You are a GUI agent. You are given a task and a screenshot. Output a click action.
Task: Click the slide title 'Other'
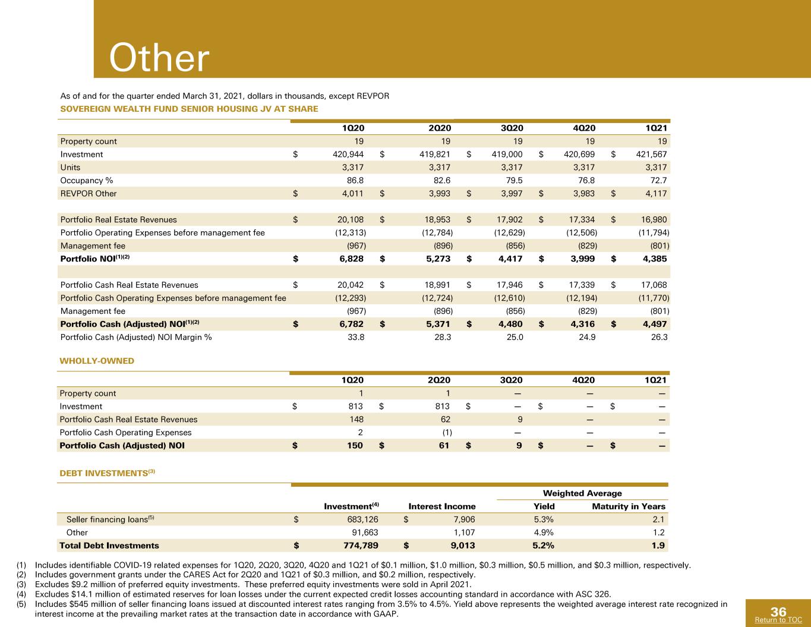click(159, 58)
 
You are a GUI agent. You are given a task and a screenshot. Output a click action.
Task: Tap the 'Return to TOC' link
click(778, 619)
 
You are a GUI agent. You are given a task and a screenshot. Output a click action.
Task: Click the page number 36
click(778, 612)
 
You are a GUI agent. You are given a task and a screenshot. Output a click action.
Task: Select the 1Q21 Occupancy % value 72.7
click(658, 180)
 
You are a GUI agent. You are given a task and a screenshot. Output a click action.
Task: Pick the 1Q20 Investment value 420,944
click(348, 154)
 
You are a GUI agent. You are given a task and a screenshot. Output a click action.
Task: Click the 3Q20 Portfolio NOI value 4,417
click(510, 259)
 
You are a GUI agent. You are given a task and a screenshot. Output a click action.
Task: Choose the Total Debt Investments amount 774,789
click(361, 545)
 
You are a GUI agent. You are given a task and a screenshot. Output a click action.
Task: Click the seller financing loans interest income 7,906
click(464, 519)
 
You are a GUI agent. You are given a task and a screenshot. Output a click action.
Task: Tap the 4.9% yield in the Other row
click(544, 532)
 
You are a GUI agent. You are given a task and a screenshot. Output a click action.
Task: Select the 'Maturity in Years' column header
click(629, 506)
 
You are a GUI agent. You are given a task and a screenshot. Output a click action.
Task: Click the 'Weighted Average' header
click(582, 493)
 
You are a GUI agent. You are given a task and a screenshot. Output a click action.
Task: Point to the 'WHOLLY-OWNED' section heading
click(97, 361)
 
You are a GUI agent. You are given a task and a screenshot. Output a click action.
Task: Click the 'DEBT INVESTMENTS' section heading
click(104, 473)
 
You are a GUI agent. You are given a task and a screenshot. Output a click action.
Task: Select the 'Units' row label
click(70, 167)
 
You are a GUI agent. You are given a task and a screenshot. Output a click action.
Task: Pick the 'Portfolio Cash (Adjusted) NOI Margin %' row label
click(136, 337)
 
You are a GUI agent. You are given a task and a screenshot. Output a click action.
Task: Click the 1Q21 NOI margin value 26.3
click(659, 337)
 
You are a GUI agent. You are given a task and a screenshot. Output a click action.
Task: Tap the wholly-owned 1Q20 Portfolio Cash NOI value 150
click(355, 445)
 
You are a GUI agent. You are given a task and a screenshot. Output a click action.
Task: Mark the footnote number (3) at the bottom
click(21, 584)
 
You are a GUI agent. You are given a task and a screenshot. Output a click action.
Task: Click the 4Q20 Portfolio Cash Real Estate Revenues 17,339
click(582, 285)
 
